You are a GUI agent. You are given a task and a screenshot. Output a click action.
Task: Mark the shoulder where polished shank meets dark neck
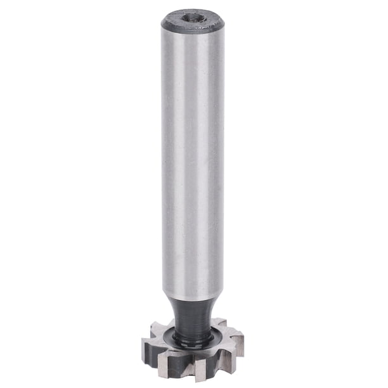193,298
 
